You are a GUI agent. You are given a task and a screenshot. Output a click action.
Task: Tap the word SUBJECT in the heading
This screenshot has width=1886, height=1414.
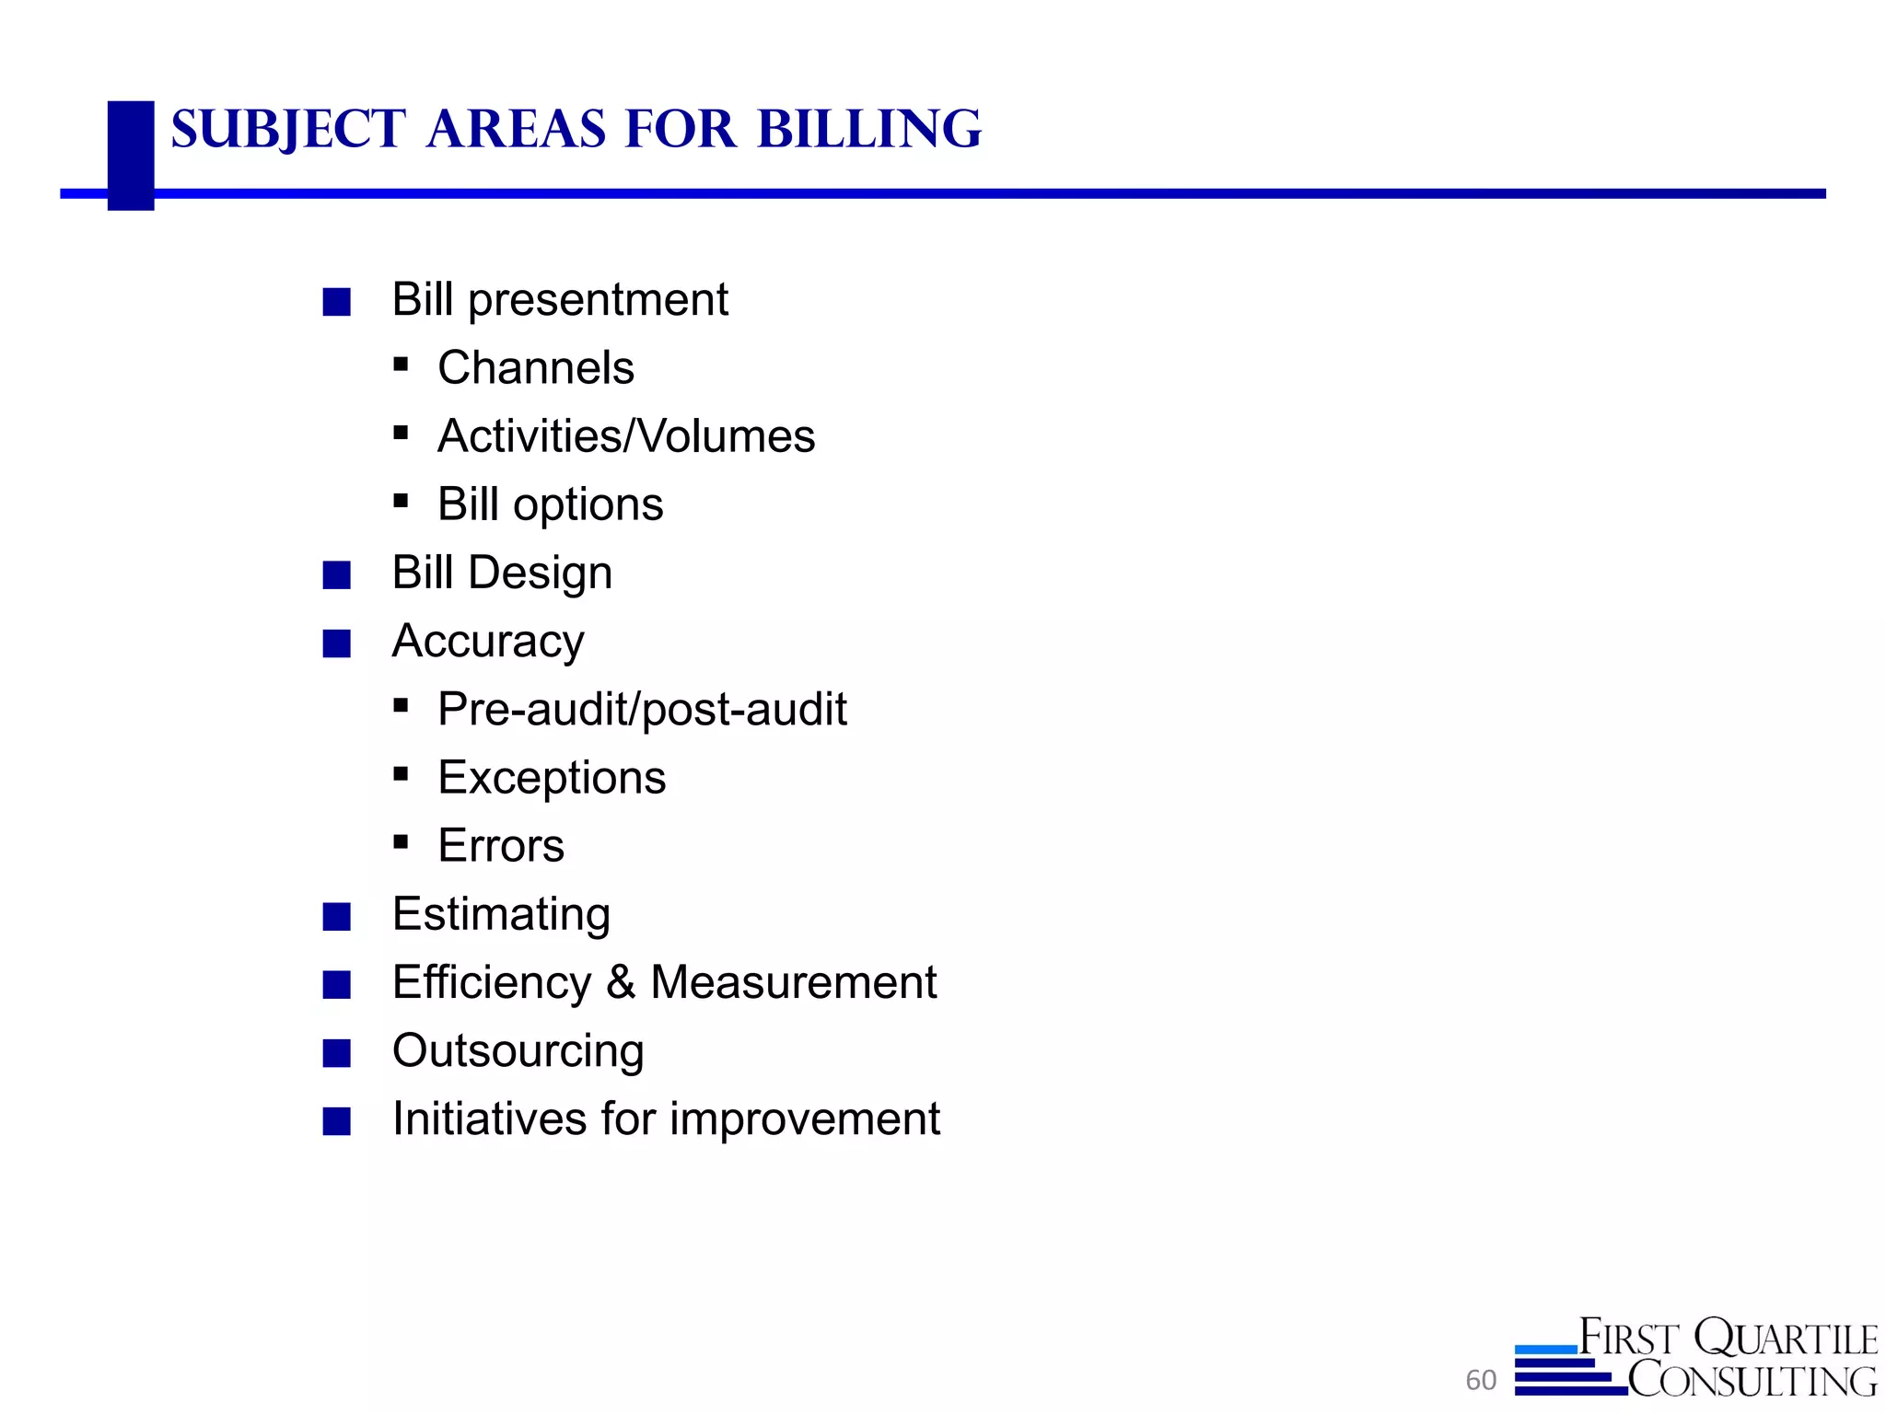[288, 129]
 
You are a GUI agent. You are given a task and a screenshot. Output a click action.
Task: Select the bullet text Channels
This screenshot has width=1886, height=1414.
[536, 368]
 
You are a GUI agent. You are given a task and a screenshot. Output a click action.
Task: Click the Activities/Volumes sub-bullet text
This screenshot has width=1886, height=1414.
[626, 436]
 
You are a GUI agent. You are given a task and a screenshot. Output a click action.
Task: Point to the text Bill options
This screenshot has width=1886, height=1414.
[550, 504]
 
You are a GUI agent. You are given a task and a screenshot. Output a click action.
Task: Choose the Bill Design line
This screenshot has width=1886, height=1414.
[502, 573]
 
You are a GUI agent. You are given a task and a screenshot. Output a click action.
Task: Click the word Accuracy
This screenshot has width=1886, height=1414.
[488, 642]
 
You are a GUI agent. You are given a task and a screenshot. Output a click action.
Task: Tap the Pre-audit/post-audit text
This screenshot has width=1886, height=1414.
[642, 710]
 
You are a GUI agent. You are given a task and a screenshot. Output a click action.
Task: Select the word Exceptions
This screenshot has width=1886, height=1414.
[552, 778]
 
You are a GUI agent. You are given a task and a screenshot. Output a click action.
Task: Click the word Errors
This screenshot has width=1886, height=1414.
[501, 846]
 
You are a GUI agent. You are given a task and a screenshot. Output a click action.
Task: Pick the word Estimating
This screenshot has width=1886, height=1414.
[501, 914]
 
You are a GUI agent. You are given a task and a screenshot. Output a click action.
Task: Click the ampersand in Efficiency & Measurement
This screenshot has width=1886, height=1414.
[621, 982]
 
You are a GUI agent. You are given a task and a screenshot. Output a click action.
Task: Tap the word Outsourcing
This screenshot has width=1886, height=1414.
[518, 1051]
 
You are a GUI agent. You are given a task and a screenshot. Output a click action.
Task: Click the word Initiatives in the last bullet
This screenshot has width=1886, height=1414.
[489, 1119]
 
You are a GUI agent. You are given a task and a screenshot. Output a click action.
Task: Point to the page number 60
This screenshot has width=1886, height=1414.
[1481, 1380]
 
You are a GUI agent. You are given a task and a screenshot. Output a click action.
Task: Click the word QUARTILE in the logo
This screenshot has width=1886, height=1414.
[1786, 1339]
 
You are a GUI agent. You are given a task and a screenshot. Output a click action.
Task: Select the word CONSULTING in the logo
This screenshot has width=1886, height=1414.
[1752, 1380]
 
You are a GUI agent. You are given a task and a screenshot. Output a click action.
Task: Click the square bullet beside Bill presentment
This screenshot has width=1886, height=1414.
[337, 302]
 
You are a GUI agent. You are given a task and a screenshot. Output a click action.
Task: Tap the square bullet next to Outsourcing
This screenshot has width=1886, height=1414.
[337, 1053]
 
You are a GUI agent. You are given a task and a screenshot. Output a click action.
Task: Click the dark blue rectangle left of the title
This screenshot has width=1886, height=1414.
[131, 155]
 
